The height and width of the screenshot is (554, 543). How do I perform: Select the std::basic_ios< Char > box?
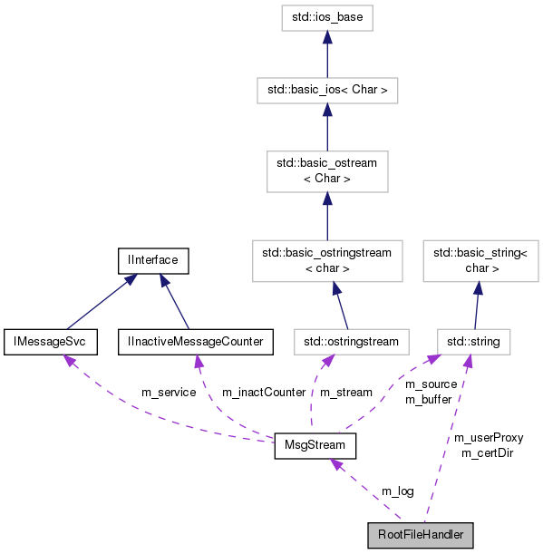326,91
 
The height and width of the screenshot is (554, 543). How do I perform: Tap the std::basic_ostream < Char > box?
326,171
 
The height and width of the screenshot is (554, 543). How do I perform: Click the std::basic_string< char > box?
475,259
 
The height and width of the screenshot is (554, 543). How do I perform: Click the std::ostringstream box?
351,341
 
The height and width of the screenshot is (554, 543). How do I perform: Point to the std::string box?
473,341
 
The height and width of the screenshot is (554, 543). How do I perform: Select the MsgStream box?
315,447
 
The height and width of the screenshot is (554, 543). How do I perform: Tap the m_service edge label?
169,392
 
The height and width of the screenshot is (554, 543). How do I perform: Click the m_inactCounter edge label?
264,392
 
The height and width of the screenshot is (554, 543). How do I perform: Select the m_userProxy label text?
488,437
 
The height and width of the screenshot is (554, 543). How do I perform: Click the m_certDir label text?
487,452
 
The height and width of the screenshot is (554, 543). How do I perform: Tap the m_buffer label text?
428,398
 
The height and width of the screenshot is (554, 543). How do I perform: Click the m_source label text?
431,384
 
